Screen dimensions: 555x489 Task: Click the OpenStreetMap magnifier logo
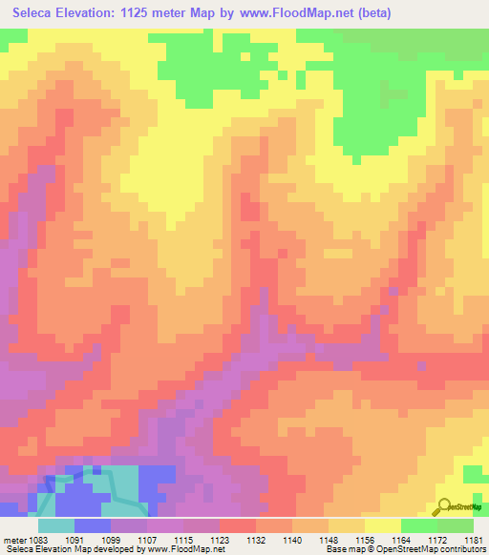coord(444,506)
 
